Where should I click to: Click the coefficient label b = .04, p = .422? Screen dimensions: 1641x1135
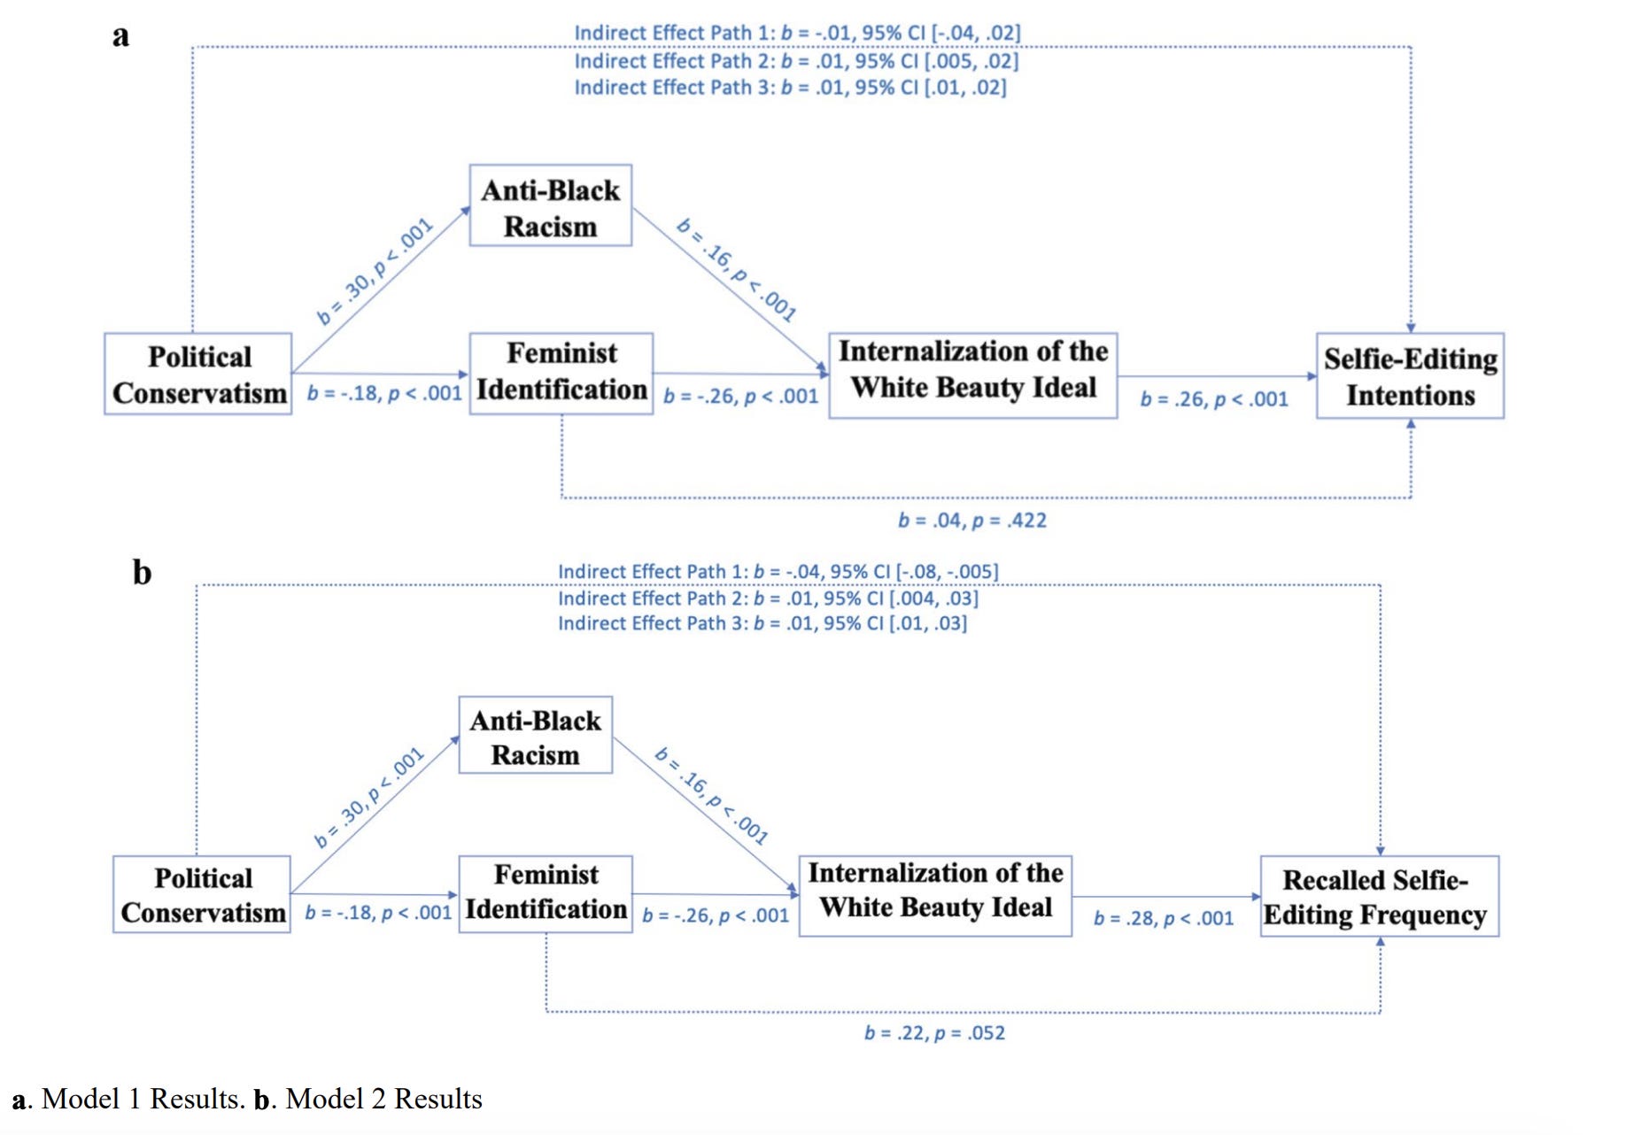972,520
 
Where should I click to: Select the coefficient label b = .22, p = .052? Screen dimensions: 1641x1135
935,1032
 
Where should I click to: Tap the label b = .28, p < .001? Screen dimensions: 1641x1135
1164,918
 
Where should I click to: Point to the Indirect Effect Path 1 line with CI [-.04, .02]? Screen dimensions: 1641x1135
798,33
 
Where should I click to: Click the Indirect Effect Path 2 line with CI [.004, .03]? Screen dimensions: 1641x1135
768,598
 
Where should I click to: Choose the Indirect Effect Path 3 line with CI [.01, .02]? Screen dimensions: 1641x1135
791,88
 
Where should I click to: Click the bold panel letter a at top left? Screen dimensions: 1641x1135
120,36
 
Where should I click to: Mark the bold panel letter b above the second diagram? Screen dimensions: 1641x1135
142,572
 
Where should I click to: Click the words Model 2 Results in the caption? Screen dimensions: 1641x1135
383,1099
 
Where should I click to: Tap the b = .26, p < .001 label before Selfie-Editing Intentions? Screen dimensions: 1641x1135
1214,399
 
